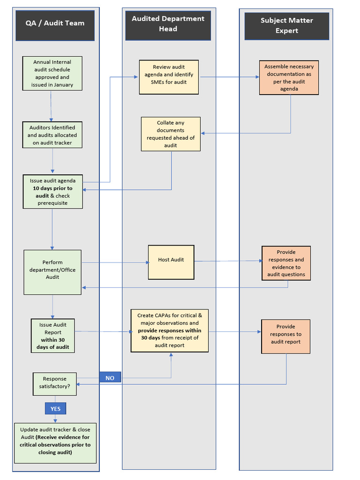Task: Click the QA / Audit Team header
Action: [55, 23]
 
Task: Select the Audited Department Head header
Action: [168, 24]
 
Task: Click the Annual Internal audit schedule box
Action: [52, 74]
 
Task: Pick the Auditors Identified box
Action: [52, 135]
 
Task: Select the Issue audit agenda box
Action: [52, 192]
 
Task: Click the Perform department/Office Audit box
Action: [52, 272]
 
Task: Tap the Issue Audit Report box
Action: [52, 336]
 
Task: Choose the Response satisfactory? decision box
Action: [54, 383]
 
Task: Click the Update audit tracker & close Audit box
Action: [55, 442]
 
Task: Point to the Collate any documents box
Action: [171, 134]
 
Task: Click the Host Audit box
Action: [171, 262]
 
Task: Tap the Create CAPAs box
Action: [170, 330]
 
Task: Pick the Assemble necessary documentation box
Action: [289, 78]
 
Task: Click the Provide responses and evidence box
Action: [286, 263]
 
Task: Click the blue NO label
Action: [110, 378]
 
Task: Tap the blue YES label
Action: [55, 409]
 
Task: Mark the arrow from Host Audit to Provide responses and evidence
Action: [228, 261]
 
